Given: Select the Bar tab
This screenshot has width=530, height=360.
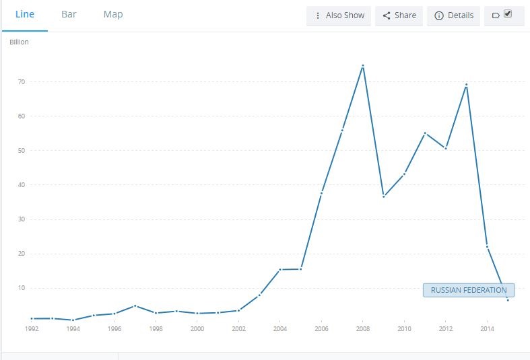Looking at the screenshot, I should click(69, 14).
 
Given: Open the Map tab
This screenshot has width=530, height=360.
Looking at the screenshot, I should click(113, 14).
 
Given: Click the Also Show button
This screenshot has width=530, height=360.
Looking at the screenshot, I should click(339, 15).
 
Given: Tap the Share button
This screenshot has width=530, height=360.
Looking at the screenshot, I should click(399, 15).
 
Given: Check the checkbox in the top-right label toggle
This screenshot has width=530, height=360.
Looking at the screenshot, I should click(508, 13).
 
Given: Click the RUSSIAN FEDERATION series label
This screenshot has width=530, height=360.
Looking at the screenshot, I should click(469, 290).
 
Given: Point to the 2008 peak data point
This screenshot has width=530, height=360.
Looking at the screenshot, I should click(363, 66).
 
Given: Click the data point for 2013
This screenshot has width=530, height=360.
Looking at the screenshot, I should click(466, 85).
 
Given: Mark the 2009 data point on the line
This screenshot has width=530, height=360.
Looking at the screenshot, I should click(384, 196).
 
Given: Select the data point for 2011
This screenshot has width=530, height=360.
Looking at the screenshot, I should click(425, 133).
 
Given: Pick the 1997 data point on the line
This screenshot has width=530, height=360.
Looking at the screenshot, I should click(135, 305).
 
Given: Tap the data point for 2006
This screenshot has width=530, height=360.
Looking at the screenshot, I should click(322, 193).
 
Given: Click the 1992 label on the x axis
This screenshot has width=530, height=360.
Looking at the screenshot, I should click(31, 329).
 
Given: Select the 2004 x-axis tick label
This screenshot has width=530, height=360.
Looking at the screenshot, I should click(280, 329).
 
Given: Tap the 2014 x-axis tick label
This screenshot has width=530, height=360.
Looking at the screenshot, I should click(487, 329).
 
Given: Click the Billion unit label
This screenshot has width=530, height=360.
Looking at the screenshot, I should click(20, 42).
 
